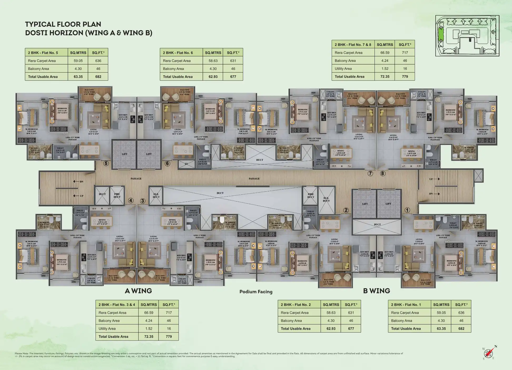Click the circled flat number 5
point(106,163)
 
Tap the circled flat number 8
point(383,173)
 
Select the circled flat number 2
point(346,210)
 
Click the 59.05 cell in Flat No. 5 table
point(78,61)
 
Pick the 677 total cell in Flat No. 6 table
point(233,77)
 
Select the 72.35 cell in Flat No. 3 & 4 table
point(149,337)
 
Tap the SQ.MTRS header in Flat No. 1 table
point(441,305)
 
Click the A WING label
point(138,291)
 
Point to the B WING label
point(376,291)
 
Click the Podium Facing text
point(256,292)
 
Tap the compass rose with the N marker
point(489,352)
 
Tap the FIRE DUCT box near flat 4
point(117,196)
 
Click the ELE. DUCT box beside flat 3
point(156,196)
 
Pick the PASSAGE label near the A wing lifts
point(136,179)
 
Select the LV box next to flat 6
point(186,164)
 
